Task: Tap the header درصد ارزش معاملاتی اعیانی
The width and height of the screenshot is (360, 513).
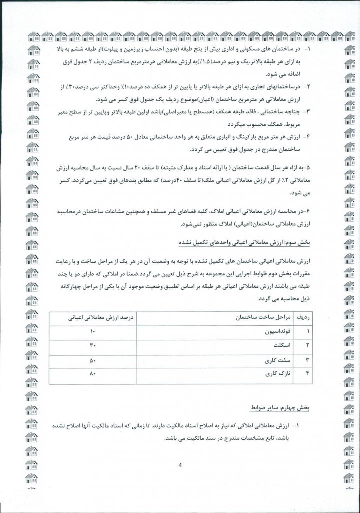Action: (x=93, y=317)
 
